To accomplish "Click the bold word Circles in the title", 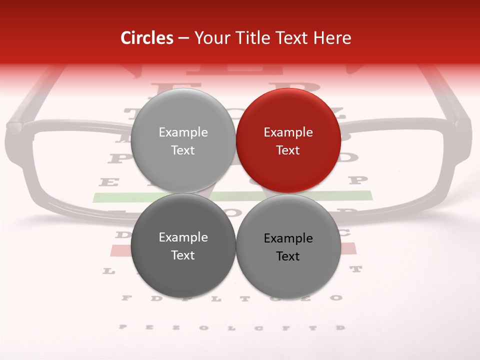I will pyautogui.click(x=147, y=38).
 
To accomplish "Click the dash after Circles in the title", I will pyautogui.click(x=183, y=38).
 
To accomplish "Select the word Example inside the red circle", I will pyautogui.click(x=288, y=132).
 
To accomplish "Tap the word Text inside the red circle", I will pyautogui.click(x=288, y=150).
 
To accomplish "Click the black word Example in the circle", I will pyautogui.click(x=288, y=238).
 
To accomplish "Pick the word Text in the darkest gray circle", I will pyautogui.click(x=183, y=255).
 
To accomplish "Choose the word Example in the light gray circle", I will pyautogui.click(x=183, y=132).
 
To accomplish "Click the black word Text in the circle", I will pyautogui.click(x=288, y=256).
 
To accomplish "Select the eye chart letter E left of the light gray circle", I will pyautogui.click(x=106, y=182).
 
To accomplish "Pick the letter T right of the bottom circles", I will pyautogui.click(x=355, y=269).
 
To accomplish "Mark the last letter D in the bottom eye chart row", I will pyautogui.click(x=340, y=327).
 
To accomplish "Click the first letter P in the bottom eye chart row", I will pyautogui.click(x=122, y=327).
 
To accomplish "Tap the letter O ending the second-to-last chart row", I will pyautogui.click(x=336, y=298).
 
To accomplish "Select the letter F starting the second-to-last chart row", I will pyautogui.click(x=125, y=298).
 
